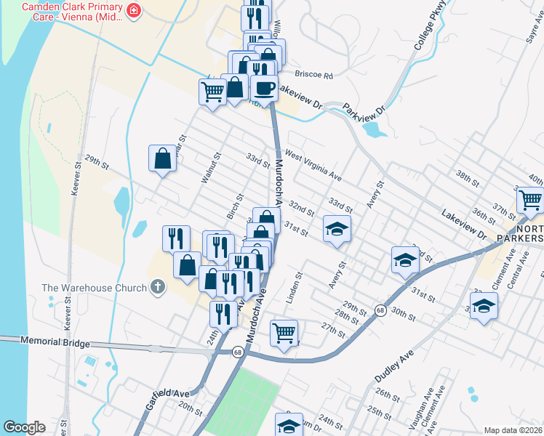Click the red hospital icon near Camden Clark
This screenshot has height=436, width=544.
[x=134, y=10]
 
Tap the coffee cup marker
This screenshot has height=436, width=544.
[x=264, y=89]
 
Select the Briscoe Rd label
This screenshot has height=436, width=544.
[x=313, y=75]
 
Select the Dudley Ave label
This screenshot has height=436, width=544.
[x=393, y=365]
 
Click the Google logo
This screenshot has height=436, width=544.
[x=25, y=427]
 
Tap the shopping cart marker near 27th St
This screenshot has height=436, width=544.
[x=284, y=333]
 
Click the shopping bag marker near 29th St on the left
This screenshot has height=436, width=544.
[x=162, y=158]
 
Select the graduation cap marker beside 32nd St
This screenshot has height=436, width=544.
[x=337, y=229]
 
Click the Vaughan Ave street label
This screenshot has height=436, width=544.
[x=429, y=402]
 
